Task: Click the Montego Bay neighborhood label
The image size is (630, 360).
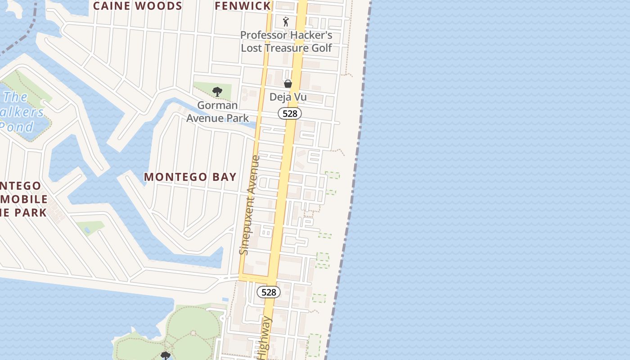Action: point(190,177)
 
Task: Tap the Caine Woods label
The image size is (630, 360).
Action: point(138,6)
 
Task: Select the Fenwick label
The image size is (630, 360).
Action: point(243,6)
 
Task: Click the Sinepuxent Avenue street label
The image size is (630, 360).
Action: point(250,205)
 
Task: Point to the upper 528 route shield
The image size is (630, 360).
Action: point(290,113)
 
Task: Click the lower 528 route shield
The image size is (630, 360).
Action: point(269,292)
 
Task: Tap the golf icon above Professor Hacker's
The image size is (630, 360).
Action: point(286,21)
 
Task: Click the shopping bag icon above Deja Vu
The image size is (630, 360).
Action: point(288,84)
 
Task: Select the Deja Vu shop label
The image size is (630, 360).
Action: point(288,97)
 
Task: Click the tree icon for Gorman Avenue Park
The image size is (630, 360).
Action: point(217,92)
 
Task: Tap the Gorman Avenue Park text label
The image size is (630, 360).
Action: point(218,112)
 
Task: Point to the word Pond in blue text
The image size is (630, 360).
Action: point(17,127)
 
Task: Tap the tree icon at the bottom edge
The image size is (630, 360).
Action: point(166,356)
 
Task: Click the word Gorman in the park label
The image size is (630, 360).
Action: point(218,105)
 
